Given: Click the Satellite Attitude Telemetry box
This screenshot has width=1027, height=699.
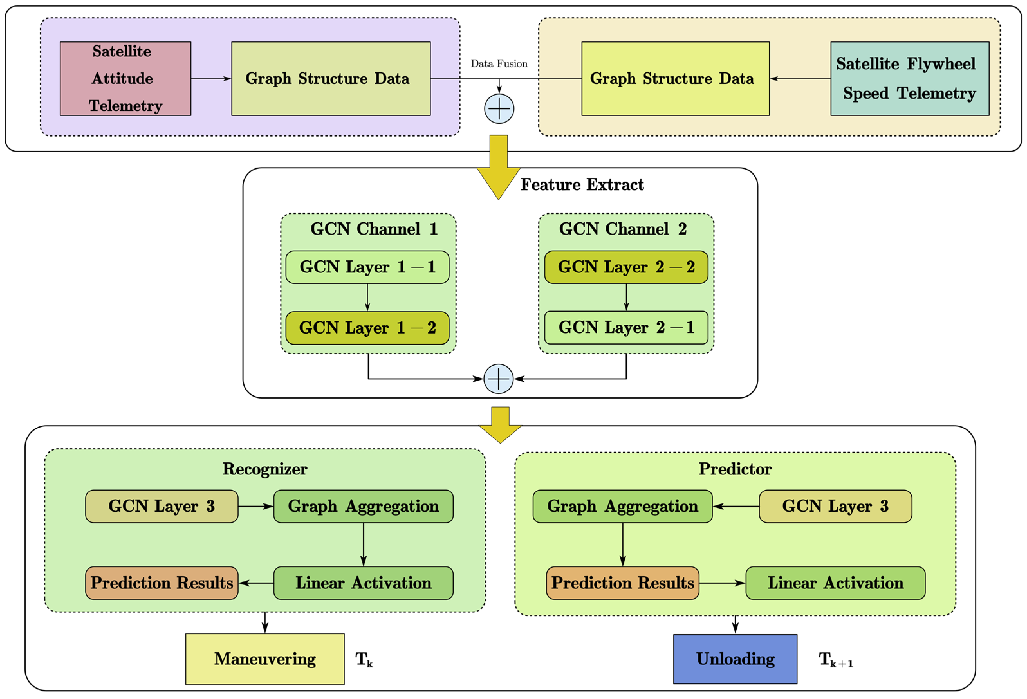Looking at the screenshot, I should tap(125, 78).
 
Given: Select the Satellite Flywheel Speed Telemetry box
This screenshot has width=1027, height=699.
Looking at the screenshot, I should tap(910, 78).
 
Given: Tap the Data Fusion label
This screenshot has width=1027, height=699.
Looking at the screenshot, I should tap(499, 64).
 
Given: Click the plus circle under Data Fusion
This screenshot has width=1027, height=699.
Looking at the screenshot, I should tap(499, 109).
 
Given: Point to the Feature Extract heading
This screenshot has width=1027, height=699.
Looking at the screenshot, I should tap(582, 185).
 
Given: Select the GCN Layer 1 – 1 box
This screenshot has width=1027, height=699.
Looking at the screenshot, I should tap(367, 267).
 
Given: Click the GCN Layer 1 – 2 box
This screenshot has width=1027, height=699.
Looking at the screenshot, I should tap(367, 328).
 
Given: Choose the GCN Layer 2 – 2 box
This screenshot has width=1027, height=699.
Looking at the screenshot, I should tap(626, 267).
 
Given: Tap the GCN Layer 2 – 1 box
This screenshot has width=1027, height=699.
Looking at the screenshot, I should tap(626, 327).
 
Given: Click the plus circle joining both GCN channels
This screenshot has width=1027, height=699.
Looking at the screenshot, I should tap(498, 379).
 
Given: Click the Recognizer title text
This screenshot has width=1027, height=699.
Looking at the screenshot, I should tap(265, 469).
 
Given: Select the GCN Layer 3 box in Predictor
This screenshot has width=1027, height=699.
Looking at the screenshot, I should tap(835, 506).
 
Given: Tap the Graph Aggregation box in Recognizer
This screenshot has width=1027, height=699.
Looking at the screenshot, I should tap(363, 506).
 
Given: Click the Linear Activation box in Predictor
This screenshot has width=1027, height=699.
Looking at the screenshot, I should tap(835, 583).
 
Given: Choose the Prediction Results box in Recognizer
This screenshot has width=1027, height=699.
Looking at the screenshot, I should tap(162, 583).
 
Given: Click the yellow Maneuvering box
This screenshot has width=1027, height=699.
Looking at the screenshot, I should tap(265, 659).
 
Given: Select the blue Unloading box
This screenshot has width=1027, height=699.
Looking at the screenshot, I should tap(735, 659).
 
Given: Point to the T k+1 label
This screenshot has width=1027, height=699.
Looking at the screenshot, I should tap(835, 660).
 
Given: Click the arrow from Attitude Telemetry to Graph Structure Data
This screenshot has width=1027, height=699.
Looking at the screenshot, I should tap(211, 78).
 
